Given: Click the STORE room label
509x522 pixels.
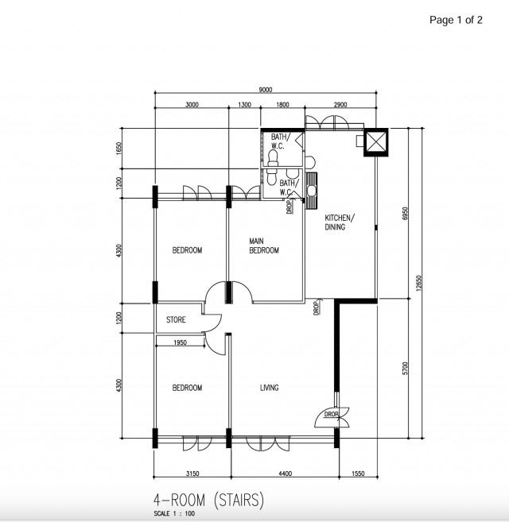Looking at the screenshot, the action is coord(176,319).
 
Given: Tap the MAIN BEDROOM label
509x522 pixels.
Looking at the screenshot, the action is coord(264,246).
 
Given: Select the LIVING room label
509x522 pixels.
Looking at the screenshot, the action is coord(270,388).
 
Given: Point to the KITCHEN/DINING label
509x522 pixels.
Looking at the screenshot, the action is coord(340,222).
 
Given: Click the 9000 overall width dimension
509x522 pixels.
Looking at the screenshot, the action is coord(266,89).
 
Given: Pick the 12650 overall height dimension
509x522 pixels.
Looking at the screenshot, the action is coord(419,283).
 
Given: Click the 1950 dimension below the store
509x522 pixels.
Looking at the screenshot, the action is coord(180,342).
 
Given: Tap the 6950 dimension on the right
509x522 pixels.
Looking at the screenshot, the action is coord(405,213).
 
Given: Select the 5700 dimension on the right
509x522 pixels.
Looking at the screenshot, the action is coord(405,368).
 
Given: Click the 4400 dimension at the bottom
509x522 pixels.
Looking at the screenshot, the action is coord(285,473).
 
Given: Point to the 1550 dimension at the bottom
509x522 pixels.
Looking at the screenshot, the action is coord(358,473).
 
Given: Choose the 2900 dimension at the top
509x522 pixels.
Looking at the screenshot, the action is coord(340,105).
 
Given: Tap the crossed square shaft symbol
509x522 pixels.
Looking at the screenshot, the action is coord(376,141).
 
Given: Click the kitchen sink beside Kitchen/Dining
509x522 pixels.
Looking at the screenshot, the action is coord(311,191).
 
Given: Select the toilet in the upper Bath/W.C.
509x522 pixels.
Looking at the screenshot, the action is coord(273,158).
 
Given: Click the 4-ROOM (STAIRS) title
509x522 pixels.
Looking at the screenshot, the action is coord(208,500).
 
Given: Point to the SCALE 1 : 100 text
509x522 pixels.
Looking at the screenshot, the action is coord(174,513).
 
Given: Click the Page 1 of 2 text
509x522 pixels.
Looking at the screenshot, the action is coord(456,20).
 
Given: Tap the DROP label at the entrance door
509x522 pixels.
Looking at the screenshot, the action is coord(332,414).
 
